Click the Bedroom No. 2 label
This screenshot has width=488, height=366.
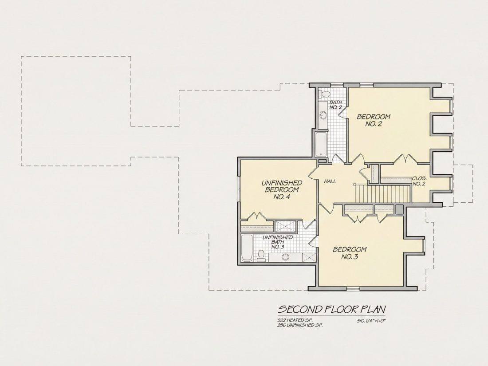pos(374,120)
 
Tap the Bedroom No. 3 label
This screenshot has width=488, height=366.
pos(350,253)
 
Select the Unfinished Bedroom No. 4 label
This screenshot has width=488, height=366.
pos(282,190)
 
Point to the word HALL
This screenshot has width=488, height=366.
pos(330,181)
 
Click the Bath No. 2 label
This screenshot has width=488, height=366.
pos(336,105)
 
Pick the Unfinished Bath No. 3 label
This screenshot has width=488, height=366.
pos(278,242)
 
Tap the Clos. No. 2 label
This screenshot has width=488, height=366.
pos(419,181)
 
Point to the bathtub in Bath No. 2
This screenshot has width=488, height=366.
pos(321,145)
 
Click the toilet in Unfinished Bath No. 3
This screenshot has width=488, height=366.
pos(261,255)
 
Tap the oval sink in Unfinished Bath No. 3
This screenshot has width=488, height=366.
pos(285,257)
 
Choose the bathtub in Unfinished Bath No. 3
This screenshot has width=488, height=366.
pos(247,248)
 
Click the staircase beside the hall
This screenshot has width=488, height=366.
pos(382,193)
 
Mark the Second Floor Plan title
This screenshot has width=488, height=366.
pos(332,309)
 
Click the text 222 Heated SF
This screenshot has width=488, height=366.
pos(295,320)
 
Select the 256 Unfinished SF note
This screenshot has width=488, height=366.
pos(300,325)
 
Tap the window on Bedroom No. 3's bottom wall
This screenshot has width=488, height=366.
pos(353,289)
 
